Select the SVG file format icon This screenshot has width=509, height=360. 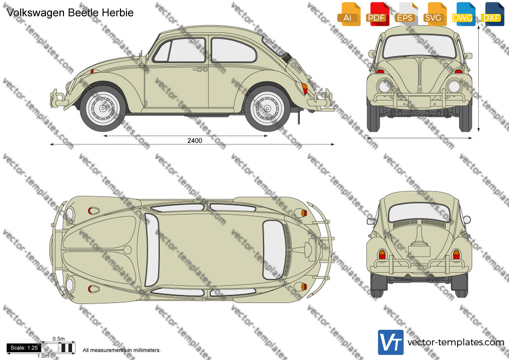[x=434, y=14]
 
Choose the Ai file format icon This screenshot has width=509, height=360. [x=349, y=14]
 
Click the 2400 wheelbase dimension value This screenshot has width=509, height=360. [x=195, y=140]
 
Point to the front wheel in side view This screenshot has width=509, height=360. [x=103, y=108]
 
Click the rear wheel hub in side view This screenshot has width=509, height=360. [x=268, y=108]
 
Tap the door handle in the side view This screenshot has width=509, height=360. [x=200, y=69]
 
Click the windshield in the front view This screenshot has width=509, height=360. [x=419, y=46]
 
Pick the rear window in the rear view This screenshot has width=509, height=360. [x=419, y=212]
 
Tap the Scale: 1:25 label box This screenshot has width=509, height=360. [x=24, y=348]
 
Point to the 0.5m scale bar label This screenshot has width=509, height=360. [x=58, y=339]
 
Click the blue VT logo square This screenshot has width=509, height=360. [x=391, y=342]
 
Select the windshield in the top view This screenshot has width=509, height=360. [x=152, y=250]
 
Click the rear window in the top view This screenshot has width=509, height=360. [x=274, y=250]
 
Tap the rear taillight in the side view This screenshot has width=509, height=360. [x=304, y=89]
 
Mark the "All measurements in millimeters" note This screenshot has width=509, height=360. [x=122, y=350]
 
